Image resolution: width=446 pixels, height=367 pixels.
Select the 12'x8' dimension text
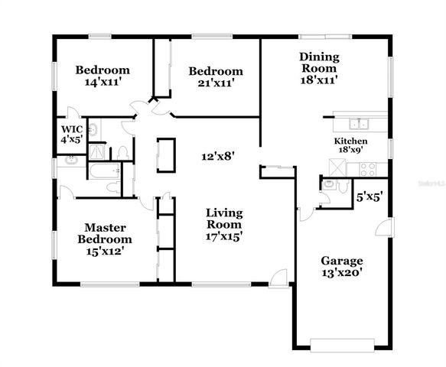[217, 155]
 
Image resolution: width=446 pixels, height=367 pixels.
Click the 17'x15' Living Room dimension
[224, 236]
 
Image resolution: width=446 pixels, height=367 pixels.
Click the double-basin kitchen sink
[357, 124]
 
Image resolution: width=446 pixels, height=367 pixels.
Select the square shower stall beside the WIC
[97, 151]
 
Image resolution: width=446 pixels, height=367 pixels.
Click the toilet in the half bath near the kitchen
[343, 186]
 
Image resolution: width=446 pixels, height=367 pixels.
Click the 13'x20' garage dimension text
[341, 271]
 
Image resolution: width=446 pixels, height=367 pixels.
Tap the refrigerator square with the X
[337, 167]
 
